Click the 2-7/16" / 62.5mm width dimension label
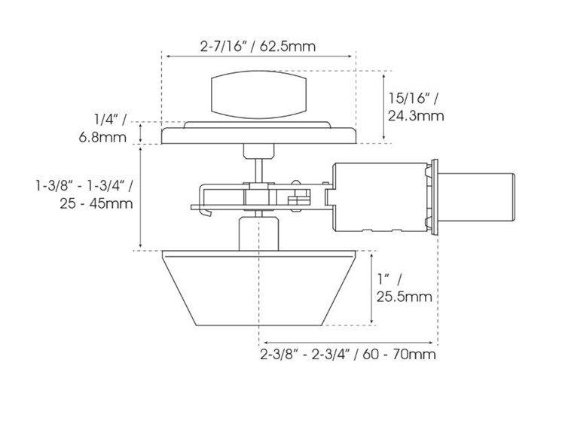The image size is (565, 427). coord(258,46)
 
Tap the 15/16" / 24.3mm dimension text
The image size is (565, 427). coord(416,106)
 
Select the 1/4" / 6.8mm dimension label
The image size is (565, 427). coord(109,127)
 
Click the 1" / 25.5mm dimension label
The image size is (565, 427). coord(404,288)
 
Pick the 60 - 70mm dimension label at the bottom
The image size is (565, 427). coord(347,354)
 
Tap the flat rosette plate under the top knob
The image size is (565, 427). coord(258,135)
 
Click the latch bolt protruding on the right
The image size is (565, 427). coord(476,195)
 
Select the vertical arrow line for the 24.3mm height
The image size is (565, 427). coord(385,106)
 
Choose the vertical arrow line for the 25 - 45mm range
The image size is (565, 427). coord(142,197)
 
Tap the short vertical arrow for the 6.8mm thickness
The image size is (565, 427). coord(142,133)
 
